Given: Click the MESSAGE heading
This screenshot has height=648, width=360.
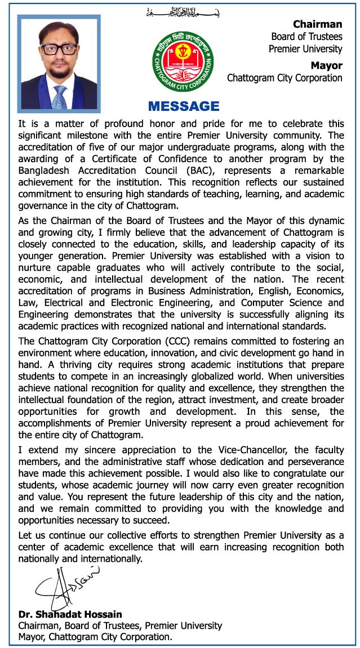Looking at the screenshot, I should [x=183, y=106].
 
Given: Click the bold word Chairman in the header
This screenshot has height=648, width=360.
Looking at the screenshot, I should [x=317, y=24].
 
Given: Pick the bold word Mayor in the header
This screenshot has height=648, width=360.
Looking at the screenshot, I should [x=327, y=65].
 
